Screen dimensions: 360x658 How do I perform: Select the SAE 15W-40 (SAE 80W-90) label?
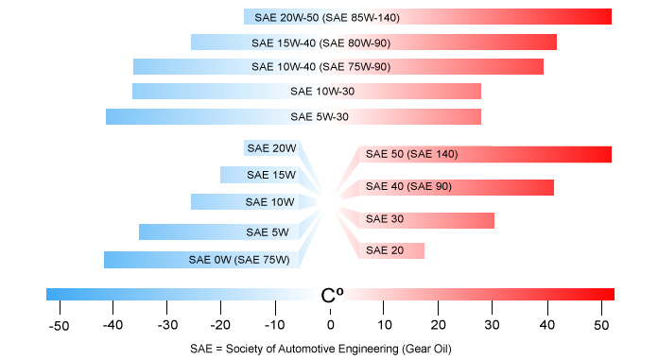click(321, 43)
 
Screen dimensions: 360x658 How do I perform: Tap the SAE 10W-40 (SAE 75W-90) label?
click(321, 67)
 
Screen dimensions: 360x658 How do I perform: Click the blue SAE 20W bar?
click(271, 148)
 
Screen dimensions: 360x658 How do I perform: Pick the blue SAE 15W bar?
click(260, 175)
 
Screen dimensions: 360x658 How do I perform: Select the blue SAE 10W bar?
click(246, 202)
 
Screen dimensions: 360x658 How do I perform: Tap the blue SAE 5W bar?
click(219, 232)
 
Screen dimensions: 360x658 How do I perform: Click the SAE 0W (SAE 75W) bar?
click(201, 260)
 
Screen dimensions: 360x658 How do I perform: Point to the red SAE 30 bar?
click(426, 220)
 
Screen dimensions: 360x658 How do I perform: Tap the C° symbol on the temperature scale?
click(332, 295)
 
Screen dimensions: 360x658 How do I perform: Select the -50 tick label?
click(59, 326)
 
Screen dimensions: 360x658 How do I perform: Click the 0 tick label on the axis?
click(331, 326)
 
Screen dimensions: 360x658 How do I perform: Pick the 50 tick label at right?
click(601, 326)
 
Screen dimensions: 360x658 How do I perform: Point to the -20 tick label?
click(221, 326)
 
